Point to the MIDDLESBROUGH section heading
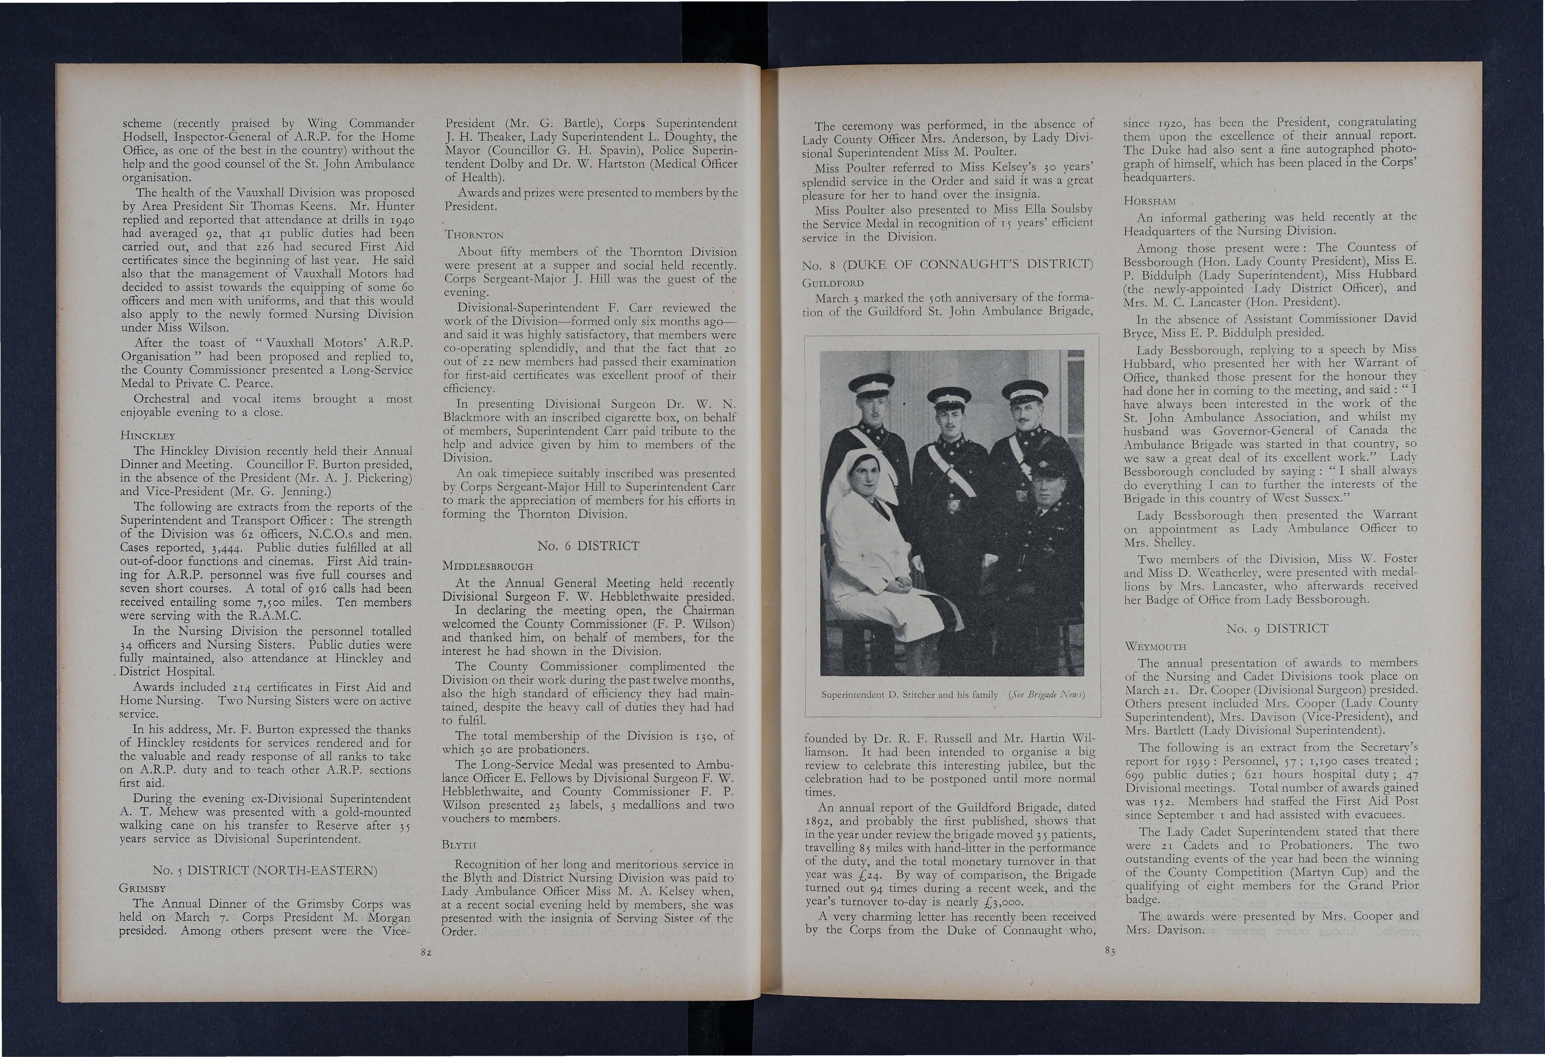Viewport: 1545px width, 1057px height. (487, 566)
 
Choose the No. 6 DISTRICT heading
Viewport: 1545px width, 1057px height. (588, 546)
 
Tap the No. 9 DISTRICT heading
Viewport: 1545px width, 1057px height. (1277, 628)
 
